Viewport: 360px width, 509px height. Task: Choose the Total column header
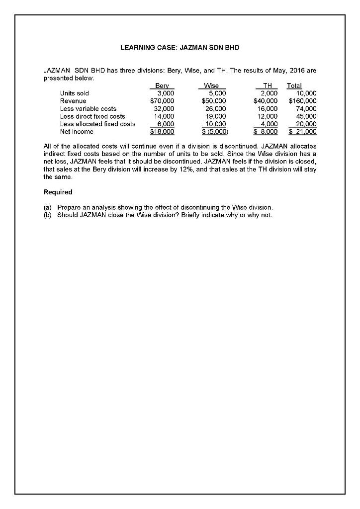click(298, 85)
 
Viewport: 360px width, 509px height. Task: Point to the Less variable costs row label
click(88, 108)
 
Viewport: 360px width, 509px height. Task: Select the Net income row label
click(76, 132)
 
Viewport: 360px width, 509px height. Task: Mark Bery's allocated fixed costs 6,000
click(165, 124)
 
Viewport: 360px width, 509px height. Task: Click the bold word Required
click(58, 192)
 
